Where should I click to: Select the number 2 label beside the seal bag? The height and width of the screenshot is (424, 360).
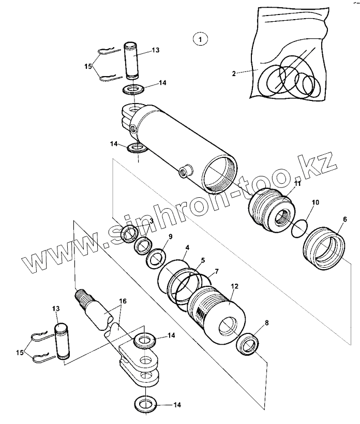click(234, 74)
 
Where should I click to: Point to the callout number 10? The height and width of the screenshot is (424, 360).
click(316, 202)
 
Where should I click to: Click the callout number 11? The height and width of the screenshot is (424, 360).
click(297, 184)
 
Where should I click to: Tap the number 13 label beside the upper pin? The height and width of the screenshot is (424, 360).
click(156, 50)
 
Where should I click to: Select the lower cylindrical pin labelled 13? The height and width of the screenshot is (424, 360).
click(62, 340)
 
